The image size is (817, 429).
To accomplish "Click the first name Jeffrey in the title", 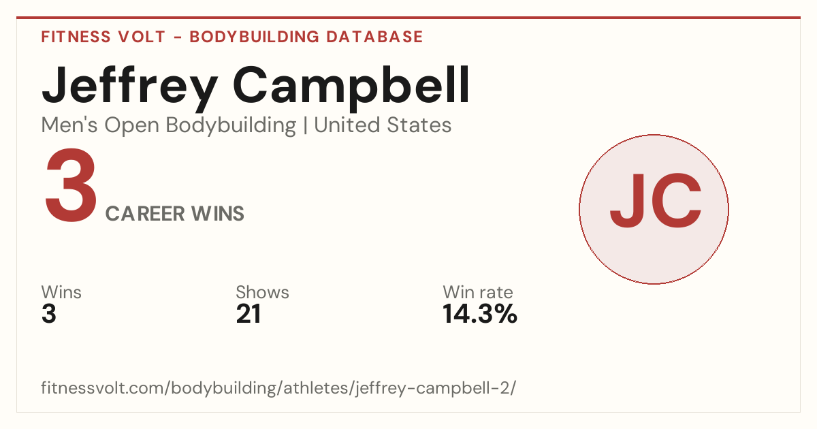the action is pos(130,88).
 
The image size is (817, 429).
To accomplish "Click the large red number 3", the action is pos(71,185).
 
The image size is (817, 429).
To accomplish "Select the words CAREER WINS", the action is pos(175,214).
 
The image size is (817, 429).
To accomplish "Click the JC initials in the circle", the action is pos(656,201).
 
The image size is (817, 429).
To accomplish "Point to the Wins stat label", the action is pos(61,292).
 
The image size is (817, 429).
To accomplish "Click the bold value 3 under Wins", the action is pos(49,314).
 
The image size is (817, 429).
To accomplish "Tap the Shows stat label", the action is pos(262,292).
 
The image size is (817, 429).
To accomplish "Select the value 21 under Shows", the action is pos(249,314).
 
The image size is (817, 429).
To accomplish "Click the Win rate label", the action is pos(478,292).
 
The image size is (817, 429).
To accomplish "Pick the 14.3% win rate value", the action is pos(480,314).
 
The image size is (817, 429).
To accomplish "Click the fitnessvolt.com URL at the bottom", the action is pos(278,387).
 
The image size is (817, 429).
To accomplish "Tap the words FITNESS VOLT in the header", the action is pos(103,37).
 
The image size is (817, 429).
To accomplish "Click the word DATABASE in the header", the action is pos(374,37).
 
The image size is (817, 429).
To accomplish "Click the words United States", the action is pos(383,125).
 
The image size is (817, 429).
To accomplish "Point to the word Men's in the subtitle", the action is pos(69,125).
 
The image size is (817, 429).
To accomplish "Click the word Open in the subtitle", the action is pos(132,126).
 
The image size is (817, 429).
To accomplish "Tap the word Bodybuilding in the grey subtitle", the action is pos(231,126).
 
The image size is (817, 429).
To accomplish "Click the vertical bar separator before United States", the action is pos(305,125).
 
